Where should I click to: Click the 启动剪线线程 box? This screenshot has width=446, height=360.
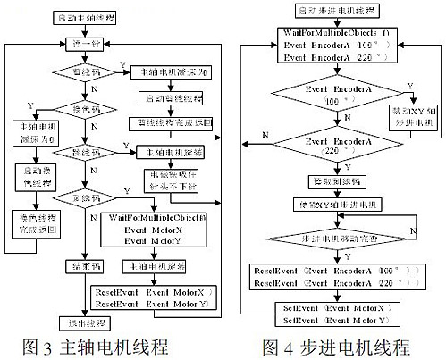coord(171,97)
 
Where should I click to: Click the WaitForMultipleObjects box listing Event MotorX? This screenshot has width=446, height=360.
coord(157,229)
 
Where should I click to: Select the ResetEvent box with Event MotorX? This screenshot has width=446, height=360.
coord(157,297)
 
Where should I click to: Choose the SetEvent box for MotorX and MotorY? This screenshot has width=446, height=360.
coord(325,312)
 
